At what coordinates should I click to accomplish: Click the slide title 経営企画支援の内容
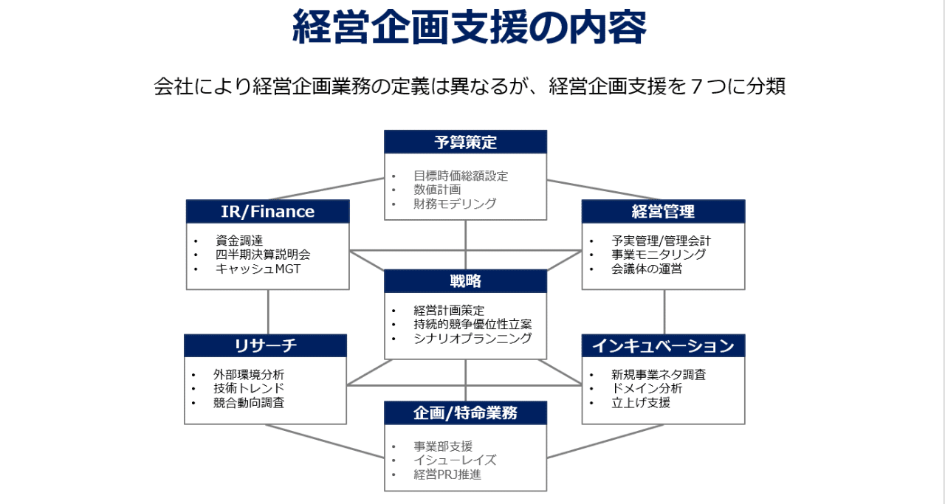pyautogui.click(x=469, y=27)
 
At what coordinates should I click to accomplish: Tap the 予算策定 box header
pyautogui.click(x=465, y=142)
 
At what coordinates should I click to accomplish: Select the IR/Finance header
pyautogui.click(x=268, y=211)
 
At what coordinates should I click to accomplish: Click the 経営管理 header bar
pyautogui.click(x=663, y=211)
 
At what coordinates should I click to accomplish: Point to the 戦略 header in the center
pyautogui.click(x=465, y=281)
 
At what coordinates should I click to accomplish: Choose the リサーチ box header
pyautogui.click(x=265, y=346)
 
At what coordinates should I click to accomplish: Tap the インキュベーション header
pyautogui.click(x=663, y=346)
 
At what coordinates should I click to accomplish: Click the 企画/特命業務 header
pyautogui.click(x=465, y=413)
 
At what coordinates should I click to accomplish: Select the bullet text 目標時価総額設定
pyautogui.click(x=461, y=176)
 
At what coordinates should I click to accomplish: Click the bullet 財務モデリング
pyautogui.click(x=455, y=204)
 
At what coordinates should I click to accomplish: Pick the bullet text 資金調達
pyautogui.click(x=239, y=241)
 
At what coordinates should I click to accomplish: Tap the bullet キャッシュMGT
pyautogui.click(x=258, y=269)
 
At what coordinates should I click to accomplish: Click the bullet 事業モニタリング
pyautogui.click(x=659, y=255)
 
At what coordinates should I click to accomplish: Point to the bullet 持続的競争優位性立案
pyautogui.click(x=472, y=325)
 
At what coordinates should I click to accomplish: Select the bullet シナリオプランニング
pyautogui.click(x=472, y=338)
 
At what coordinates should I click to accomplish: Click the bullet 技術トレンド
pyautogui.click(x=249, y=388)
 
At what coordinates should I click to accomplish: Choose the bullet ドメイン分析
pyautogui.click(x=647, y=388)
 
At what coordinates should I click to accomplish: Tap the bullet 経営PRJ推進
pyautogui.click(x=447, y=474)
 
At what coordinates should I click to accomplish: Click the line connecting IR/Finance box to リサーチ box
pyautogui.click(x=268, y=312)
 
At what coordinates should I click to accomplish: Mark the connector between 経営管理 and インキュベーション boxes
pyautogui.click(x=664, y=312)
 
